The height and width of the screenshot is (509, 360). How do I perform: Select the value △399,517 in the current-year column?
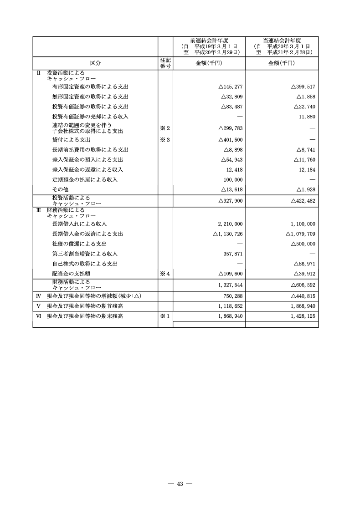[303, 87]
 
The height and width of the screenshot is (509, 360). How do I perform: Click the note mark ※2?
[165, 128]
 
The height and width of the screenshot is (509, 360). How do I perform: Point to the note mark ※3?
[165, 140]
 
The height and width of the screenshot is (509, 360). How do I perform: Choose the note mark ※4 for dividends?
[165, 274]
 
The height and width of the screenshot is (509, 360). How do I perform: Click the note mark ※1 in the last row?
[165, 316]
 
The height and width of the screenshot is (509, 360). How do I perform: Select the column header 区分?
[95, 63]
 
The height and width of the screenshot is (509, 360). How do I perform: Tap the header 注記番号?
[165, 63]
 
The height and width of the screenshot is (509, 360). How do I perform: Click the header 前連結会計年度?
[209, 41]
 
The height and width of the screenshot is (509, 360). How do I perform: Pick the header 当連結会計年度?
[282, 41]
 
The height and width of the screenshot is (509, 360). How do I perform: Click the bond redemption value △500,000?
[303, 244]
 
